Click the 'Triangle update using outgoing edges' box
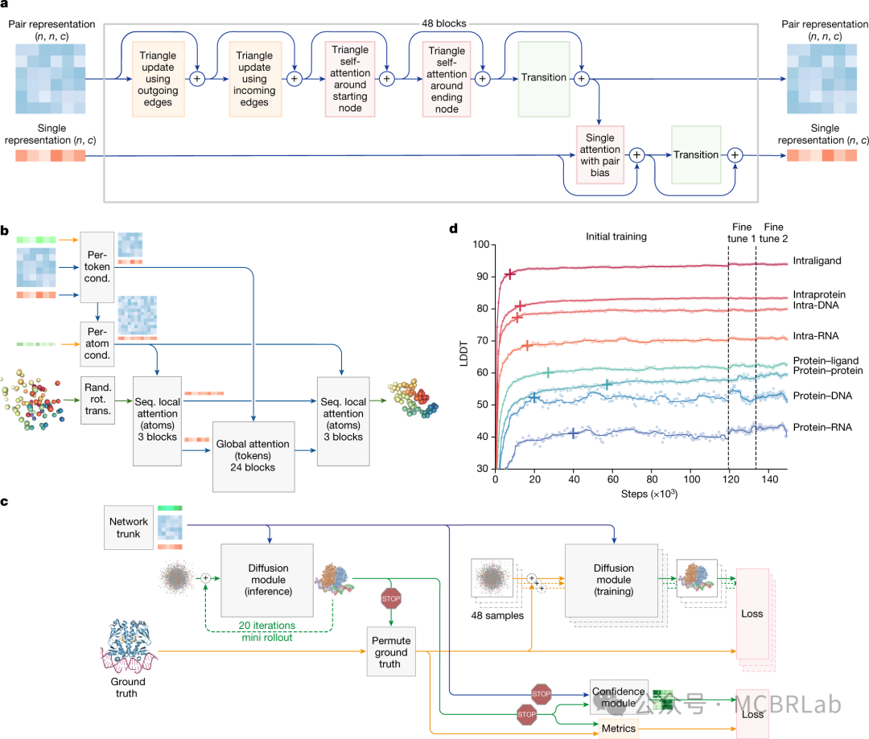click(158, 79)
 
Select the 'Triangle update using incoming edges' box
click(254, 79)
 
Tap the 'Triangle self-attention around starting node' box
click(351, 79)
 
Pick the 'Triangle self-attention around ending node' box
click(447, 79)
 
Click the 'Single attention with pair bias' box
click(600, 154)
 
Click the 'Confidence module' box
click(619, 696)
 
